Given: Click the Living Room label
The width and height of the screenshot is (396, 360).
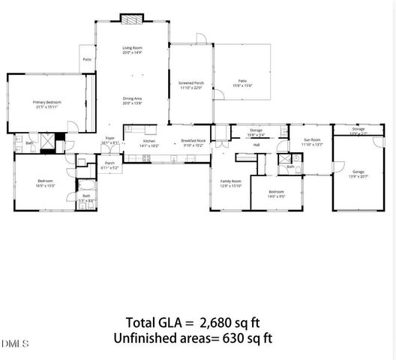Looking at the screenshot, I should coord(132,49).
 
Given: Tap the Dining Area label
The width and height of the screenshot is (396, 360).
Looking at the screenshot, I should coord(132,98).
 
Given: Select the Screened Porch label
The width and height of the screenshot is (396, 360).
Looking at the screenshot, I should coord(191,83).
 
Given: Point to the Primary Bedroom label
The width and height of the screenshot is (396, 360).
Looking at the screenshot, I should coord(46,102).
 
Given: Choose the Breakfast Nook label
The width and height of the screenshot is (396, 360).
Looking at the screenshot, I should coord(193,140).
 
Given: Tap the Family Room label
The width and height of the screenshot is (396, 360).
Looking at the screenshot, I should coord(230,181).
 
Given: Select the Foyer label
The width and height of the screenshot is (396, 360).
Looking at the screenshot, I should coord(109,139).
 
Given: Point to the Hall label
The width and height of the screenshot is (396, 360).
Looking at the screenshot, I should coord(256,145).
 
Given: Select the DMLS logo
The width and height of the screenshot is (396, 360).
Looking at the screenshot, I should coord(16,343).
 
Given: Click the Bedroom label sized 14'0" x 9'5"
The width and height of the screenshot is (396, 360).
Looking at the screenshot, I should coord(277,192).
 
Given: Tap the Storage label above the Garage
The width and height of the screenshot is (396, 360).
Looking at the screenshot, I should coord(358,129).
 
